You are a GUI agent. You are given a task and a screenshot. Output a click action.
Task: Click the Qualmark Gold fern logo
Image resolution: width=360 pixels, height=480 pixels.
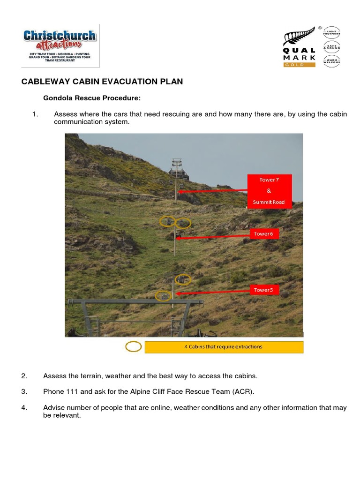(300, 47)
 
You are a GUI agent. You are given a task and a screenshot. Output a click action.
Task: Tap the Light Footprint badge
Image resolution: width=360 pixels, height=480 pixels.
(332, 32)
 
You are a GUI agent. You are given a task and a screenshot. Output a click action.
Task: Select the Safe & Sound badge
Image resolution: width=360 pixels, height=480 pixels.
(332, 46)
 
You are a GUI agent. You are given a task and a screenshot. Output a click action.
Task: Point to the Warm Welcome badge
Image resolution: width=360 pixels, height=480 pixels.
(332, 61)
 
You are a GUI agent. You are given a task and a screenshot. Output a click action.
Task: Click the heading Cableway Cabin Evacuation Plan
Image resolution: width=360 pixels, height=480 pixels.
(102, 82)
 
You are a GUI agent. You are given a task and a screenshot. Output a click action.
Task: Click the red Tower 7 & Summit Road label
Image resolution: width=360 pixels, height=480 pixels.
(269, 191)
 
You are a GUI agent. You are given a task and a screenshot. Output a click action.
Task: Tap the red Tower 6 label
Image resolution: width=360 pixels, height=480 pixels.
(264, 233)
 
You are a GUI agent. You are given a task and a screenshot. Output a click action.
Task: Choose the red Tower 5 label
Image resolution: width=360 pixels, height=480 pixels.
(264, 290)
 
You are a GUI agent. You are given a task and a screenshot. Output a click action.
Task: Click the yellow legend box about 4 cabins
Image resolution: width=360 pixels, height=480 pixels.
(224, 347)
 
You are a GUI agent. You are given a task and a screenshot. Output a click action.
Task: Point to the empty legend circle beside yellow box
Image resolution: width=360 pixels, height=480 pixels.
(134, 347)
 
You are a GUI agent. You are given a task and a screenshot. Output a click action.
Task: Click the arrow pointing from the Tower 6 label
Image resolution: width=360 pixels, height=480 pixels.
(213, 236)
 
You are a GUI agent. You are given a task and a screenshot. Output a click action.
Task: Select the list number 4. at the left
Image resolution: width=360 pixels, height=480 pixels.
(24, 407)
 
